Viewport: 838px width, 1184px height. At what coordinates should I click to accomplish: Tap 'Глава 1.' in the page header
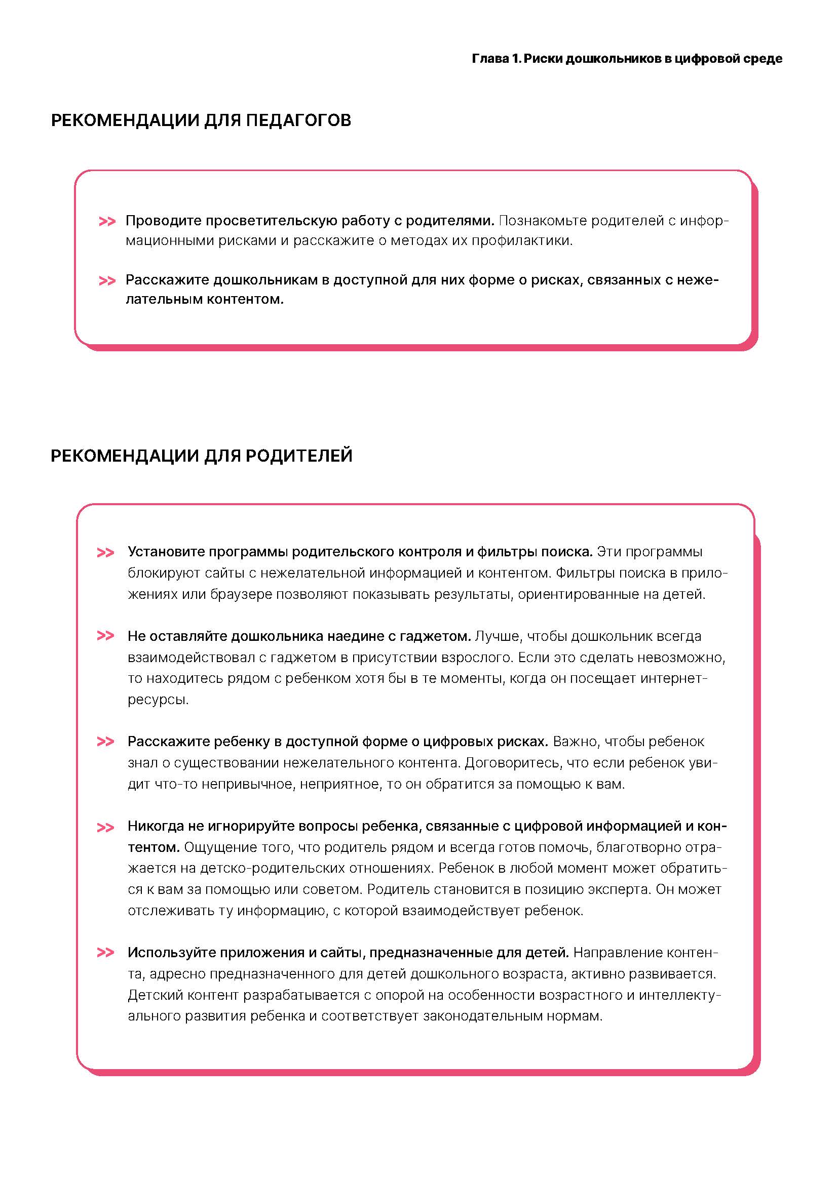point(496,59)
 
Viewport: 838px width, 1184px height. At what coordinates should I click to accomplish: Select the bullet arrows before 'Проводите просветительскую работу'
point(107,222)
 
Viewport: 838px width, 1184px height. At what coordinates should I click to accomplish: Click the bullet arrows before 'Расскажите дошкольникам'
point(107,281)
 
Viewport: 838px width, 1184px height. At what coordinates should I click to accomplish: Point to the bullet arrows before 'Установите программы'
point(105,553)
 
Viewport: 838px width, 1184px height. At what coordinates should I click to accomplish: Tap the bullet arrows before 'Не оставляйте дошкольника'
point(105,636)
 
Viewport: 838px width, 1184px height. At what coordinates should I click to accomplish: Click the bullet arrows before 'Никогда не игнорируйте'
point(105,828)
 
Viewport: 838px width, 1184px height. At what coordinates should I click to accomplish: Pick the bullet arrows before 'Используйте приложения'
point(105,953)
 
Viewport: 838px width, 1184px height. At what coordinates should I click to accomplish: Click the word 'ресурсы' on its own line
point(158,700)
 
